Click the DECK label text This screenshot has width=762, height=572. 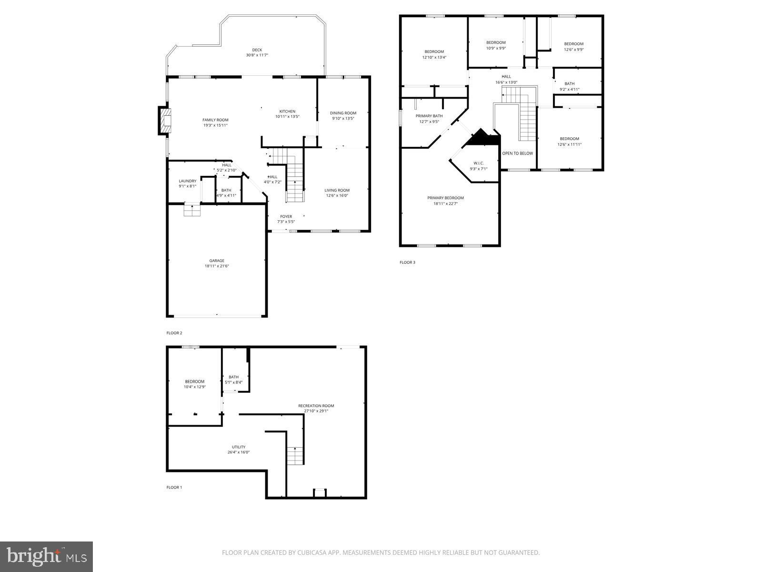click(x=257, y=50)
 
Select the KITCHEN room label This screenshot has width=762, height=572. click(x=287, y=111)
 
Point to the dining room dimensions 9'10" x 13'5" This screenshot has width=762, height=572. click(x=343, y=119)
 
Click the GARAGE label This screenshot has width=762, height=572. click(x=217, y=261)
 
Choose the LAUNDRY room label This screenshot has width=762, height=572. click(x=187, y=181)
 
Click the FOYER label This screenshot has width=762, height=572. click(x=286, y=216)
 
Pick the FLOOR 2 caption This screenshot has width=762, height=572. click(x=174, y=333)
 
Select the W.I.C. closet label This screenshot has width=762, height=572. click(x=479, y=163)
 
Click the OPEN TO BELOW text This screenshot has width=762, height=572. click(x=518, y=153)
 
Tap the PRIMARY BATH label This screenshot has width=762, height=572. click(x=429, y=116)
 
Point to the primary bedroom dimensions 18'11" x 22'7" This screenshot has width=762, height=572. click(x=445, y=204)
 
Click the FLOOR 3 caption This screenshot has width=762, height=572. click(x=407, y=262)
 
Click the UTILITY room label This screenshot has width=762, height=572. click(x=239, y=447)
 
